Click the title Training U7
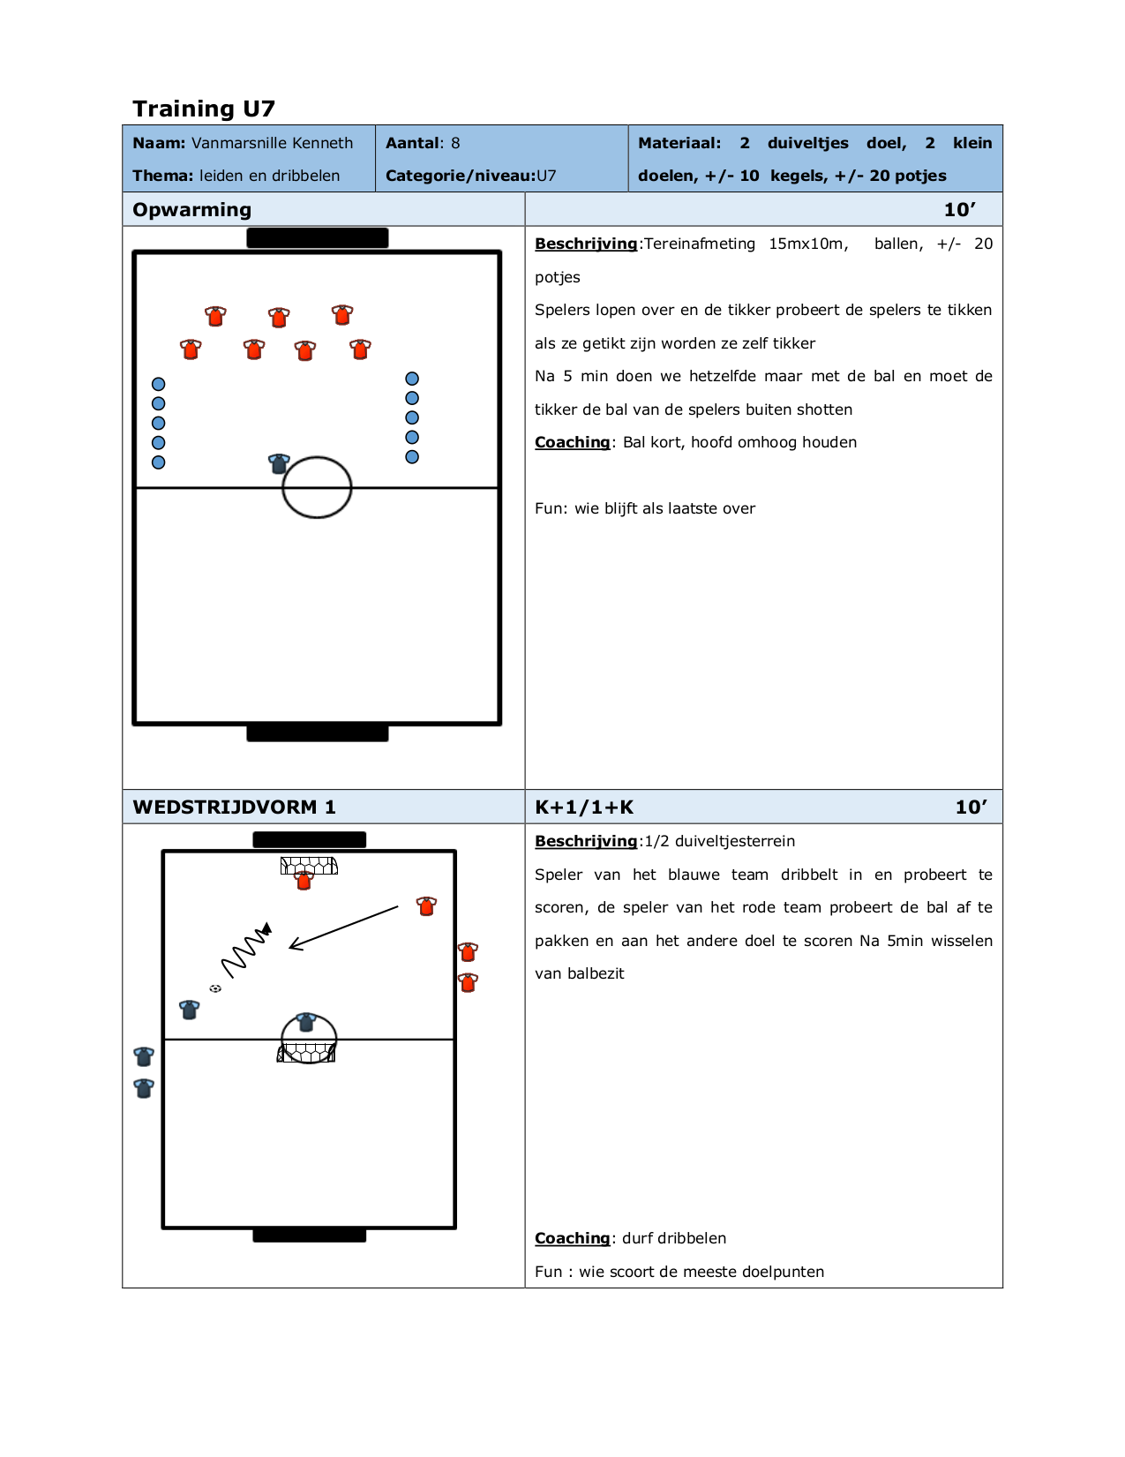pos(204,109)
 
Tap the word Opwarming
pos(191,210)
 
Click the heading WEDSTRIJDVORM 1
pos(234,807)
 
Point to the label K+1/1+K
pos(584,807)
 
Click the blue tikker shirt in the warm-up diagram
pos(279,463)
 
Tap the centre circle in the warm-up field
pos(317,487)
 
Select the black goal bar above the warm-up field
pos(317,237)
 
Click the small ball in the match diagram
pos(215,988)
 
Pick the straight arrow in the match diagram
pos(344,928)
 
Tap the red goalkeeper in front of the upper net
pos(304,880)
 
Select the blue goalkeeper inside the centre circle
pos(306,1022)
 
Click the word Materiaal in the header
pos(679,143)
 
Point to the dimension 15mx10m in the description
pos(807,244)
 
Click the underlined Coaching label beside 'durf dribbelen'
pos(572,1238)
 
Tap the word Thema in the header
pos(162,176)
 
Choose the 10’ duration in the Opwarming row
pos(959,210)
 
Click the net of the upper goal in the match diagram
pos(310,865)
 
